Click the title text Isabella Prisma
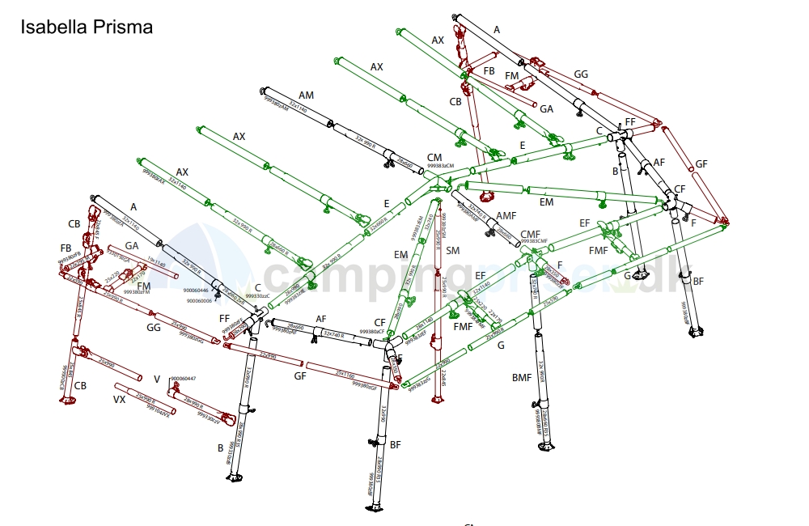(86, 27)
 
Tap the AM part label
(306, 95)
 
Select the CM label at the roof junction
(434, 157)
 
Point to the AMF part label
(506, 216)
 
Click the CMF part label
(531, 234)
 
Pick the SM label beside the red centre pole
(452, 251)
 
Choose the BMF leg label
(522, 378)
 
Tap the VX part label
(119, 400)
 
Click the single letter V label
(157, 379)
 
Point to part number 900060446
(196, 290)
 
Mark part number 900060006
(200, 301)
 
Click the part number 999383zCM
(440, 165)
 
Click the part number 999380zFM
(137, 292)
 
